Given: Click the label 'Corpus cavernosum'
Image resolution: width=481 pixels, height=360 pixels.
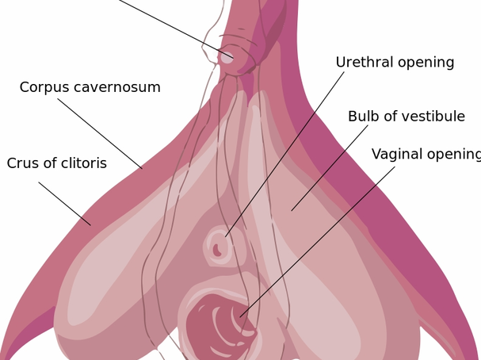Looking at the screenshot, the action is [90, 87].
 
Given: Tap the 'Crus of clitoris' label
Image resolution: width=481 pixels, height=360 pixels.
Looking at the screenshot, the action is [57, 163].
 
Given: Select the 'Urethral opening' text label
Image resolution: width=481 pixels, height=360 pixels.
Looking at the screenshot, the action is [395, 63].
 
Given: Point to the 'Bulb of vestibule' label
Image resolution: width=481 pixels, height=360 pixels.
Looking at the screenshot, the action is [407, 117].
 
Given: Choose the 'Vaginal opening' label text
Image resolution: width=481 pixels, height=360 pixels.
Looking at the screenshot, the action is [426, 155].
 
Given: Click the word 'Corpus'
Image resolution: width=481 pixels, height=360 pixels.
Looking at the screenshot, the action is [44, 87].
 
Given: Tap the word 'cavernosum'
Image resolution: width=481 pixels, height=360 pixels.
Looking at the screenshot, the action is [117, 88].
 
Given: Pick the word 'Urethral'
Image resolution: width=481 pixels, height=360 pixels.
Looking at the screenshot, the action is [365, 62].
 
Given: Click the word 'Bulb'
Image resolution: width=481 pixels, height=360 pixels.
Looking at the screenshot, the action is [362, 117].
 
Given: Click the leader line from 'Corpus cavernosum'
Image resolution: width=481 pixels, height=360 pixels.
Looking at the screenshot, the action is [100, 133].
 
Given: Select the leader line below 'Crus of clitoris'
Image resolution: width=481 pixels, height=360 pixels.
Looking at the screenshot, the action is [65, 204].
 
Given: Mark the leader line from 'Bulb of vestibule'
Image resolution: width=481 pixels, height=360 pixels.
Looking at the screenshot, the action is [330, 168].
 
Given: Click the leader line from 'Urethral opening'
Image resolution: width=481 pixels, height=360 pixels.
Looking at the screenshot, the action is [284, 154].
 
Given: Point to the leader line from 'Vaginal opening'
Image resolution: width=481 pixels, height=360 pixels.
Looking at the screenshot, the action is [317, 242].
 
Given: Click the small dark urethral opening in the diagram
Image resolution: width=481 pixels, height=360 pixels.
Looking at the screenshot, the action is [217, 250].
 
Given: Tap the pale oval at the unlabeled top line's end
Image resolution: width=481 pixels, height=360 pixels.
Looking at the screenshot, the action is [227, 58].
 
